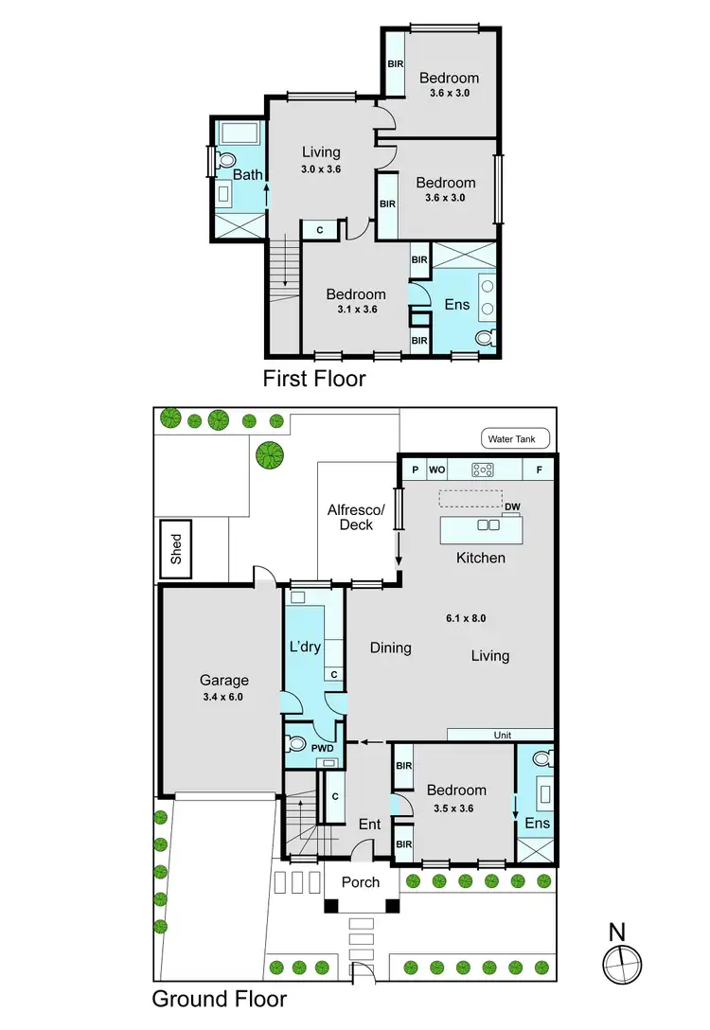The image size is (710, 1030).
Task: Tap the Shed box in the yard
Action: [x=176, y=549]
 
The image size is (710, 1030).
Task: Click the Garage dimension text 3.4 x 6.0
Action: [x=223, y=697]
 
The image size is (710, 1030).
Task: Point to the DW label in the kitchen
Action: [x=513, y=507]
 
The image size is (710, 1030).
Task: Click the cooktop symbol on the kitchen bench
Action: [x=483, y=468]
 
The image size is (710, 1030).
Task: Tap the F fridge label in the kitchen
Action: [x=540, y=468]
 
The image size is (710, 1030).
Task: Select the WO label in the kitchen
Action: [x=437, y=468]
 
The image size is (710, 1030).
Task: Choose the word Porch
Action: [x=361, y=881]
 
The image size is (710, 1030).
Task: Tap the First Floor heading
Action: [x=314, y=380]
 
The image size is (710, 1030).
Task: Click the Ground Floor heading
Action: [x=220, y=999]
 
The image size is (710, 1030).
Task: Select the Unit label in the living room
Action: [x=502, y=735]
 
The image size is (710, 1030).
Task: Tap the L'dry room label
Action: [x=307, y=648]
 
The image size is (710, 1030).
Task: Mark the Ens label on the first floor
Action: [x=457, y=305]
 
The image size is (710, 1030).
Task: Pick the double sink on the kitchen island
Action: [x=488, y=525]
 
